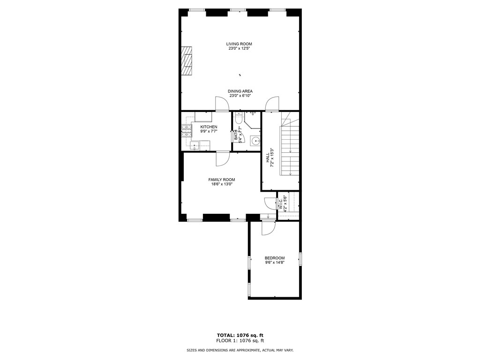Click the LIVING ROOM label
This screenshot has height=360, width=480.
239,44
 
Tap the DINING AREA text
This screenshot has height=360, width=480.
240,91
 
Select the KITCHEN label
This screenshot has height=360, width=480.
209,127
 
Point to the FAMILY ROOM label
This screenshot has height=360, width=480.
222,180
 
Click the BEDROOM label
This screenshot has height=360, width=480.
274,258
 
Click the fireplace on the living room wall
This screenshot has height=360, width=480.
187,60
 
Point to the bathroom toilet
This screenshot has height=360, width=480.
239,120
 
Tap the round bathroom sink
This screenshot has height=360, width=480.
255,140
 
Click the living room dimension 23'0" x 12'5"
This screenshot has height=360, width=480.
239,48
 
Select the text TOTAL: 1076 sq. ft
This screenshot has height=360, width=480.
240,335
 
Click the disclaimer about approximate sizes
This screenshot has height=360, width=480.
240,350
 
